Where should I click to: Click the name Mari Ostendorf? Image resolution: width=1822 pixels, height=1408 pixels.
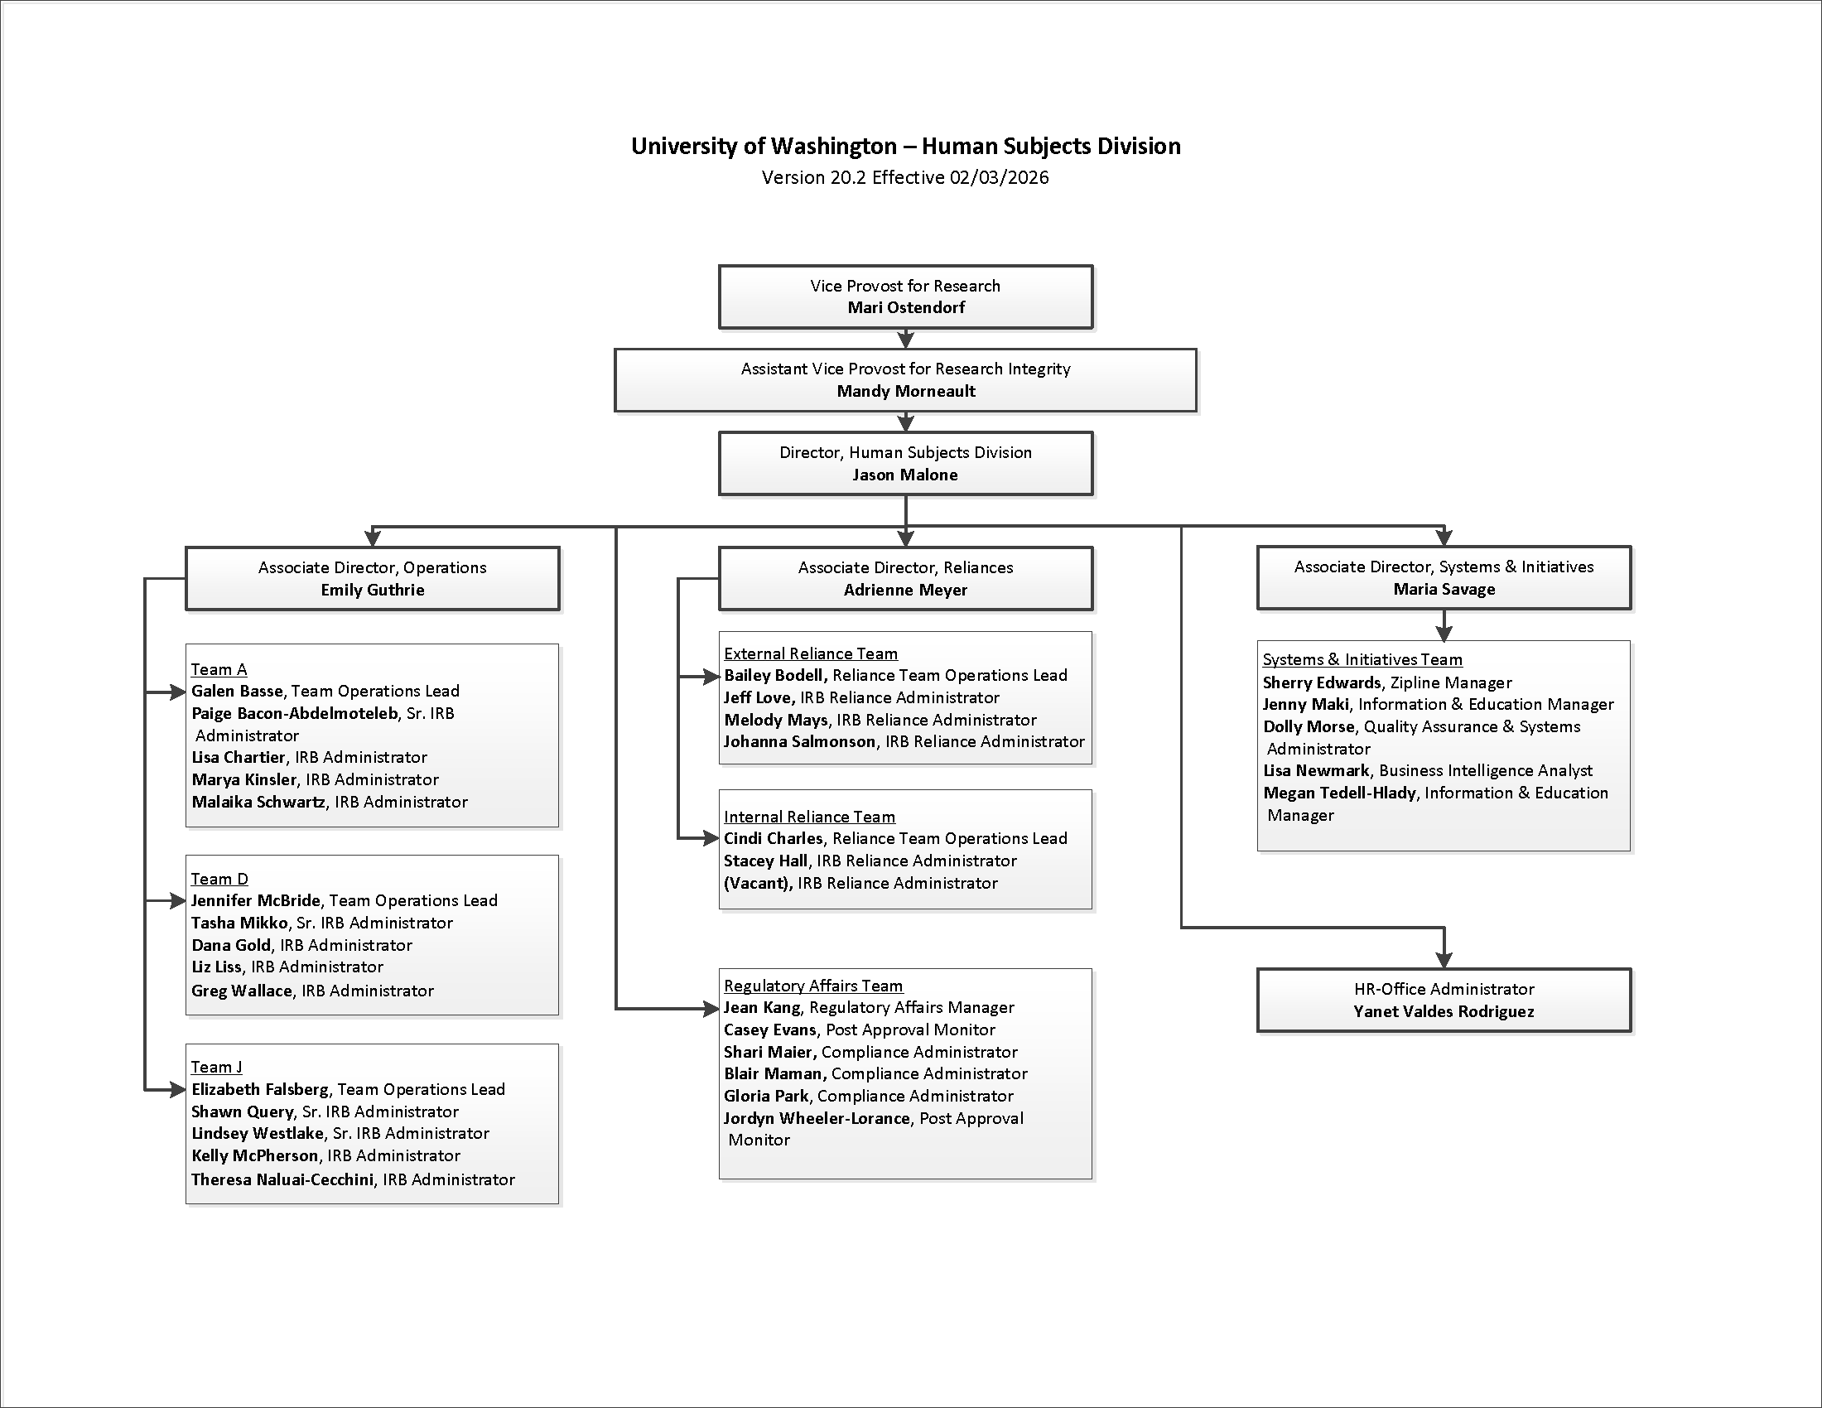point(906,308)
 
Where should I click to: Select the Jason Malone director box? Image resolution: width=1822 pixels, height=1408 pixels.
point(905,464)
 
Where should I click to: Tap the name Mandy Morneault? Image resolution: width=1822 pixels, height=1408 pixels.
point(906,391)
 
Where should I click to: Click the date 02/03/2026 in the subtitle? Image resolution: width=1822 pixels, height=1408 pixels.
point(999,178)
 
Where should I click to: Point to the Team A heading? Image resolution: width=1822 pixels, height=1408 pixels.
point(219,669)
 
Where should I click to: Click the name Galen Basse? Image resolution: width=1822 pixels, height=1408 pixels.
point(237,691)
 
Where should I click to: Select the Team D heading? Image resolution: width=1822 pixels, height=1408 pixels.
point(219,878)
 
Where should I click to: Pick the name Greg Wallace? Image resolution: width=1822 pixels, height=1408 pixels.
point(241,990)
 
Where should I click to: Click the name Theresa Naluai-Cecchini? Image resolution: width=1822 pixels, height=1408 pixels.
point(282,1179)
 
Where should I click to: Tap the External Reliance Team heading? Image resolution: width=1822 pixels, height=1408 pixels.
point(810,654)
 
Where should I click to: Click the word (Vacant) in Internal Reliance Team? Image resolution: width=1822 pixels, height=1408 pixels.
point(758,883)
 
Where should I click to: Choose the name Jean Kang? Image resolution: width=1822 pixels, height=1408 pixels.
point(762,1008)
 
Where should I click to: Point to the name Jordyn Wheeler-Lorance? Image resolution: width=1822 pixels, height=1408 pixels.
point(816,1119)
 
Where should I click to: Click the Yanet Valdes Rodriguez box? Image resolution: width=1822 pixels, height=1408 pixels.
point(1444,1001)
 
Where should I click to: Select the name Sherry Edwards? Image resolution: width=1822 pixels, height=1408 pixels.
point(1322,682)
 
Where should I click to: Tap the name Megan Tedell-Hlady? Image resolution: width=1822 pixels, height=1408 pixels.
point(1339,793)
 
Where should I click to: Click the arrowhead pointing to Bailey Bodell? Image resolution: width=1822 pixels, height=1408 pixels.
point(711,677)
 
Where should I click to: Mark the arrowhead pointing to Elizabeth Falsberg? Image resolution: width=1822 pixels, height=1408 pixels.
point(178,1089)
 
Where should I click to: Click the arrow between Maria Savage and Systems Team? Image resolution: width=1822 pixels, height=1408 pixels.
point(1444,626)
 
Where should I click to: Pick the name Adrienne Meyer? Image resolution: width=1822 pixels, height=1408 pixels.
point(905,591)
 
